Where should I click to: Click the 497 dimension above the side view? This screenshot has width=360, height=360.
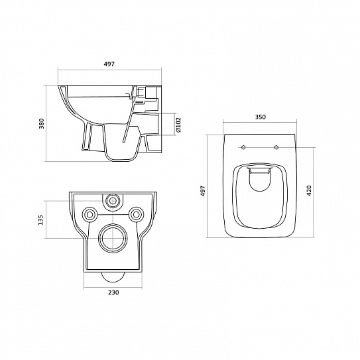(x=109, y=64)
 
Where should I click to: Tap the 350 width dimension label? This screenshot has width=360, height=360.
(x=260, y=117)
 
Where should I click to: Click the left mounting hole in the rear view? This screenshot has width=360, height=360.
(x=89, y=213)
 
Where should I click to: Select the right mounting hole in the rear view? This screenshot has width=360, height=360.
(x=137, y=213)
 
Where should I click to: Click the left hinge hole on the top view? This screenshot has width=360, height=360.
(x=244, y=147)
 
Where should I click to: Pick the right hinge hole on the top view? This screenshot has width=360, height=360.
(x=276, y=147)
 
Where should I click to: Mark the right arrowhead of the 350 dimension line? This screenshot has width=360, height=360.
(x=295, y=123)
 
